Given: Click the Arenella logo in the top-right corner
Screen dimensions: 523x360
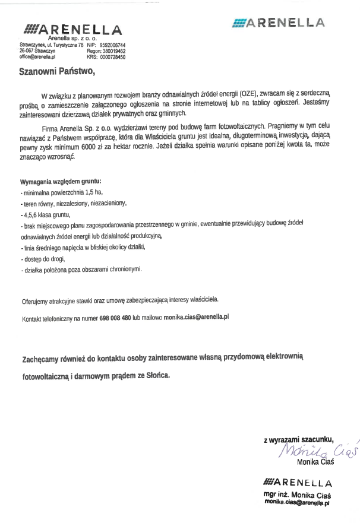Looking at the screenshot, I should [279, 23].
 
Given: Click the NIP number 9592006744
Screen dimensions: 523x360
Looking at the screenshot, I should [113, 45].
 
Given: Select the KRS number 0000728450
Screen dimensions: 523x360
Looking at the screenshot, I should [113, 57].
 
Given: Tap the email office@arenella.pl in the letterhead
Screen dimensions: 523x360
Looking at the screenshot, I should [37, 57].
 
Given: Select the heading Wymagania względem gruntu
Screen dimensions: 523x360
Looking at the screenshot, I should [60, 180].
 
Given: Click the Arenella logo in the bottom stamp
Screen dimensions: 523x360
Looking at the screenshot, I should [297, 482].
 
